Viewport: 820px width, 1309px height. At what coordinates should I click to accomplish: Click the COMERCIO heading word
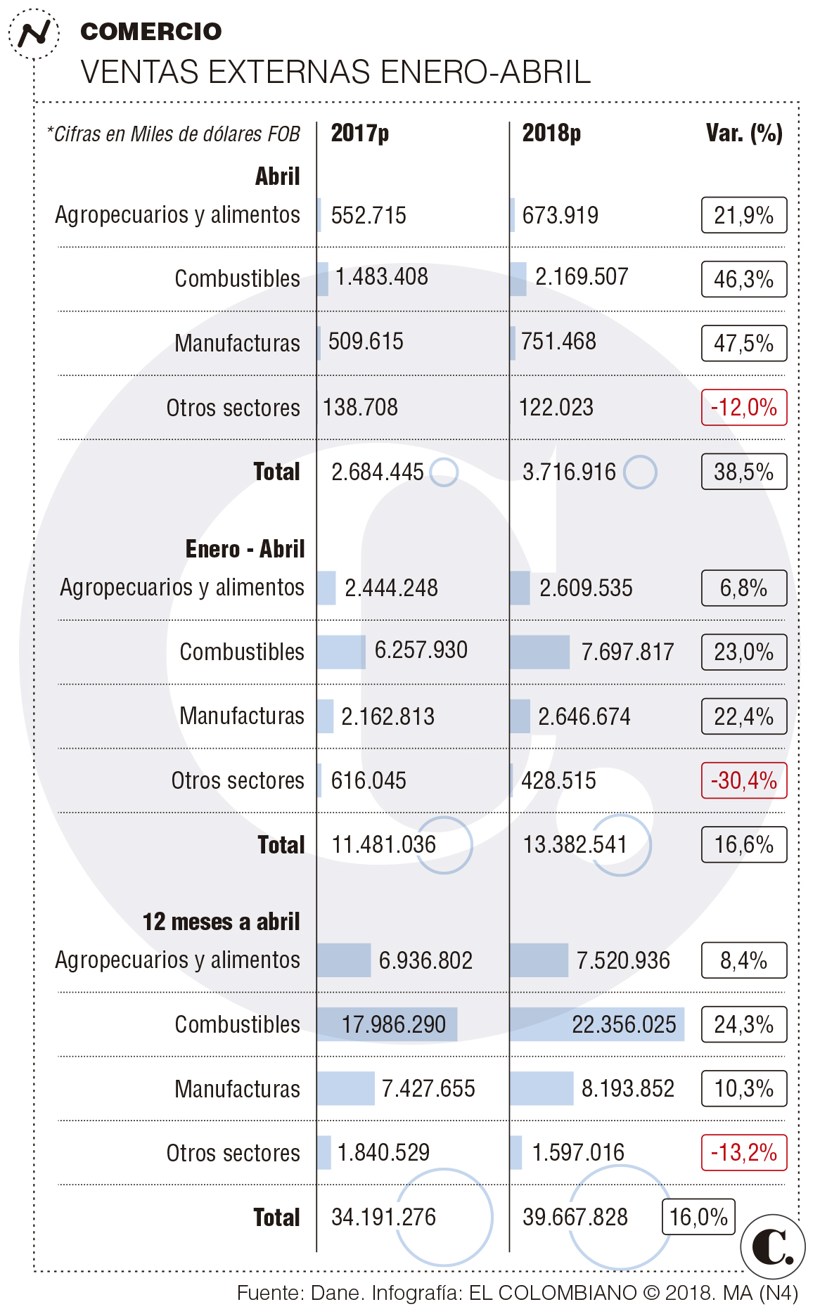click(151, 32)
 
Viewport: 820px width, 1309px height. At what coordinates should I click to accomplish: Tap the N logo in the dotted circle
click(34, 33)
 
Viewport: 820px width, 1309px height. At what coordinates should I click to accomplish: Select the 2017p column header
click(359, 133)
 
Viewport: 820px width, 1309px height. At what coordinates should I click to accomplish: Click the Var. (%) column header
click(744, 133)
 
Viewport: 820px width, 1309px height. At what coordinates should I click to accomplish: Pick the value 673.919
click(560, 215)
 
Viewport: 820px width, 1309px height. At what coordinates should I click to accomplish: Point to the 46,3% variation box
click(743, 279)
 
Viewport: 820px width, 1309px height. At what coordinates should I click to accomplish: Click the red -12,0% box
click(743, 408)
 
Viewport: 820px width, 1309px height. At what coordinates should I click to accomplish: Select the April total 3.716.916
click(569, 472)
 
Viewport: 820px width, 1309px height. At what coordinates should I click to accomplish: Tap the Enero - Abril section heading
click(245, 549)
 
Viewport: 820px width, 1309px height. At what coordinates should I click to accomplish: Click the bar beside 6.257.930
click(341, 652)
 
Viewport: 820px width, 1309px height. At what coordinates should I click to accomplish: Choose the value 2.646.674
click(584, 716)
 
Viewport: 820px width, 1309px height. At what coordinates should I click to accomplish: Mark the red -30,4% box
click(743, 780)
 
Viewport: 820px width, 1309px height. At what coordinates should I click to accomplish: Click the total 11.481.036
click(384, 844)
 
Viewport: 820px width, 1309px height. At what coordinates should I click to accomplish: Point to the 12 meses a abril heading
click(221, 922)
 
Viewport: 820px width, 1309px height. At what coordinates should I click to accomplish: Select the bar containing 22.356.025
click(596, 1024)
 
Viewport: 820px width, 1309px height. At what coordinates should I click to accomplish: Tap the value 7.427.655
click(428, 1089)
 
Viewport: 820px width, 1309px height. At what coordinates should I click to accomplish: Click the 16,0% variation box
click(698, 1217)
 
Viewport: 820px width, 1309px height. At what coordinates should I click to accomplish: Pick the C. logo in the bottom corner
click(772, 1246)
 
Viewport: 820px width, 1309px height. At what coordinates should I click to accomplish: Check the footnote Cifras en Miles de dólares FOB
click(174, 134)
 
